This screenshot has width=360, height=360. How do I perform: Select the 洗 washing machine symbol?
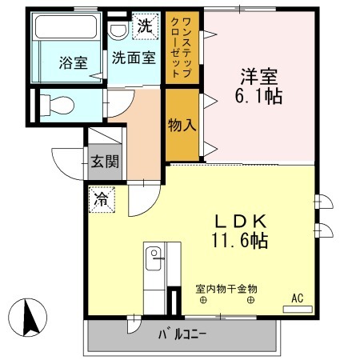click(x=144, y=25)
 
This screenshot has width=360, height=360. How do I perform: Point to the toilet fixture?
click(x=56, y=102)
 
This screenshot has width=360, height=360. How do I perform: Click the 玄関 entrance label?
click(x=104, y=160)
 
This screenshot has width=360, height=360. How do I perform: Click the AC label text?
click(x=297, y=298)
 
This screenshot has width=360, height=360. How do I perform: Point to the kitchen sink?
click(x=154, y=257)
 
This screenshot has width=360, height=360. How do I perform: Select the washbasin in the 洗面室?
click(x=118, y=30)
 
